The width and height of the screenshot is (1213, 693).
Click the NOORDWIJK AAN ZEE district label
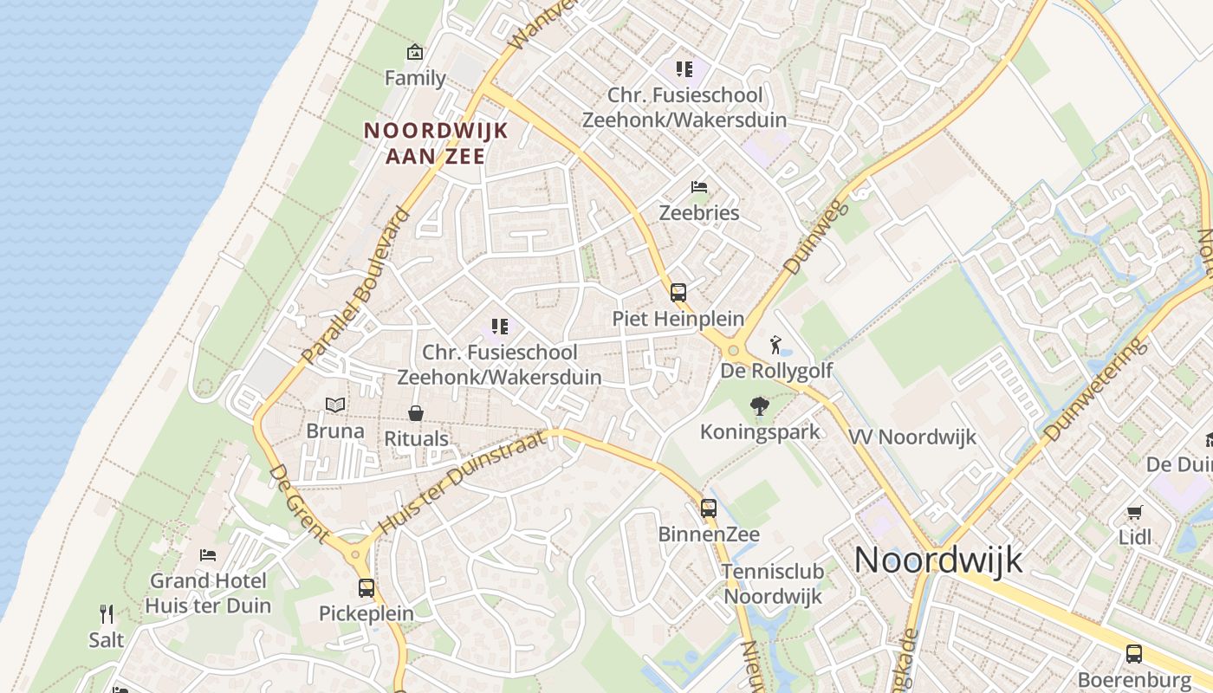tap(435, 143)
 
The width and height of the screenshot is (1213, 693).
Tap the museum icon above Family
tap(415, 53)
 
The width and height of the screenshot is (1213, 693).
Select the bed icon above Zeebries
tap(699, 187)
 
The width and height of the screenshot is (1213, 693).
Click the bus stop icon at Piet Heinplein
tap(678, 293)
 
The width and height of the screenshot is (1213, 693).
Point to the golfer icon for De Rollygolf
tap(775, 345)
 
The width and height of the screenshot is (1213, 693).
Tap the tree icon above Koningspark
tap(760, 405)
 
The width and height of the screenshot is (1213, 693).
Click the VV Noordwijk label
tap(912, 437)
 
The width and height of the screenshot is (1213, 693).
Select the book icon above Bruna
tap(335, 405)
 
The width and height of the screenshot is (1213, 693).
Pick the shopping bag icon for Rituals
tap(416, 413)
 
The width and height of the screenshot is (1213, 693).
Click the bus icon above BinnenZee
tap(709, 508)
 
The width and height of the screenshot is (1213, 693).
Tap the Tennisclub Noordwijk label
tap(773, 583)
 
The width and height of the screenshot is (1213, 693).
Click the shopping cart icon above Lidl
tap(1135, 512)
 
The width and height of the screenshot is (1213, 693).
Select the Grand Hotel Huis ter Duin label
tap(208, 593)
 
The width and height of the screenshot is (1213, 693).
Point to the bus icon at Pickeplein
tap(366, 588)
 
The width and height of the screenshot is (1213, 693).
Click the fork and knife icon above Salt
tap(107, 614)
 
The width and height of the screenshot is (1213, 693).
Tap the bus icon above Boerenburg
tap(1134, 654)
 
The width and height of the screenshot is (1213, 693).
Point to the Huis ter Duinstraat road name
tap(464, 481)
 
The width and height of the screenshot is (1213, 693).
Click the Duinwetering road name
tap(1094, 389)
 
